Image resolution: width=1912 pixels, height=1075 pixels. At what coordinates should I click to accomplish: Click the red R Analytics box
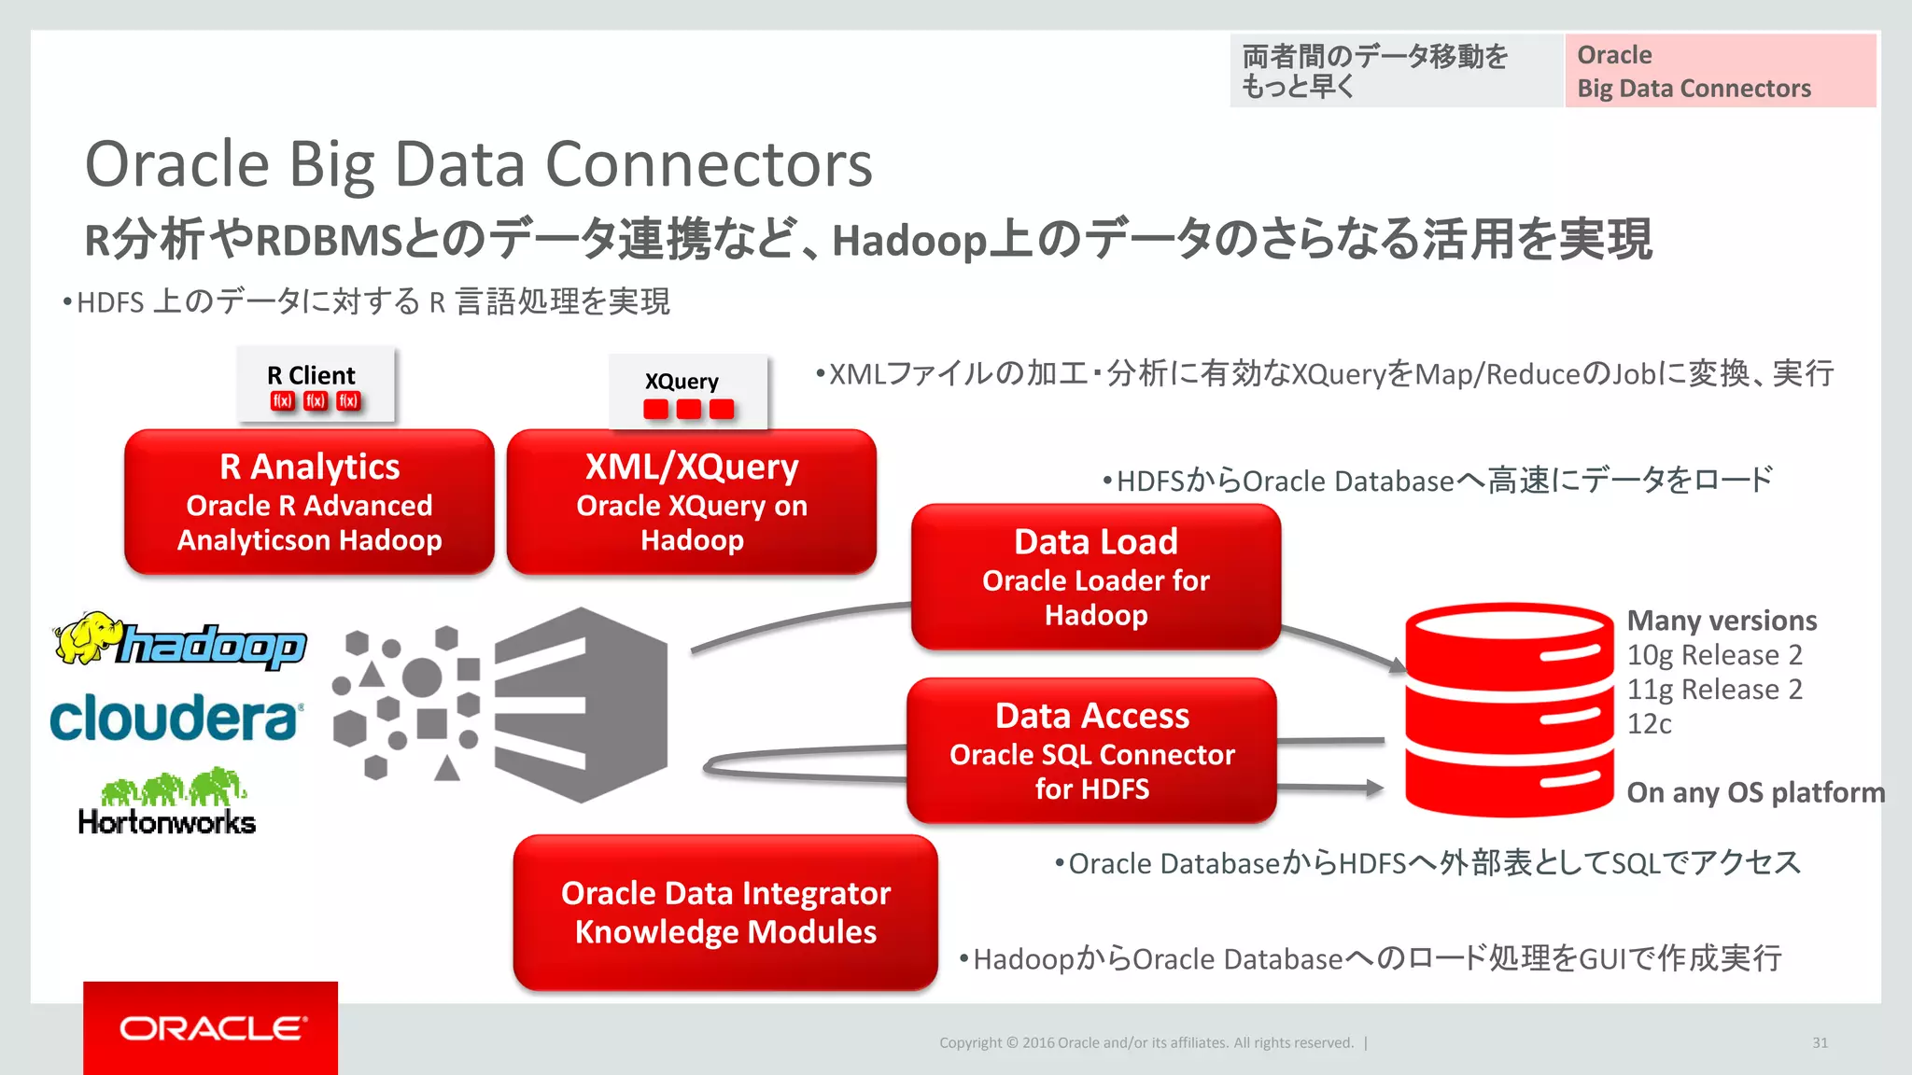point(309,502)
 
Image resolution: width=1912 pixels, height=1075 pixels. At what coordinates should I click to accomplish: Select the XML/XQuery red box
point(692,502)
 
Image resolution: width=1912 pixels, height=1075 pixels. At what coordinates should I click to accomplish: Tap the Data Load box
point(1096,577)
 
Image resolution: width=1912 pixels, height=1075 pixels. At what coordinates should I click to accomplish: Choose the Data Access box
point(1091,750)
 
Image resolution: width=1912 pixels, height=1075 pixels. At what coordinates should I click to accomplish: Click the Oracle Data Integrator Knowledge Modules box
point(725,913)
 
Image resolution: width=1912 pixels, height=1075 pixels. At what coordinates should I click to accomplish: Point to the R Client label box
point(316,384)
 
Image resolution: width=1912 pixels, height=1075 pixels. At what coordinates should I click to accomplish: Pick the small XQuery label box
point(688,392)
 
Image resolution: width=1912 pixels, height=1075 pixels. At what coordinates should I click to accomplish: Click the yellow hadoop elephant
point(86,637)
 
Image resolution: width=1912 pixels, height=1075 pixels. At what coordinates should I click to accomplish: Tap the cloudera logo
point(176,719)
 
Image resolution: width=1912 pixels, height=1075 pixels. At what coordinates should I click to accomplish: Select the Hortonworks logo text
point(167,822)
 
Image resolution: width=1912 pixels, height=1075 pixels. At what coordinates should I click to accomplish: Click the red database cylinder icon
point(1509,710)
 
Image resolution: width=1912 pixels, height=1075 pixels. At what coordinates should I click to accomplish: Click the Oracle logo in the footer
point(211,1028)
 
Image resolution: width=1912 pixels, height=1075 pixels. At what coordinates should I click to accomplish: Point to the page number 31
point(1820,1042)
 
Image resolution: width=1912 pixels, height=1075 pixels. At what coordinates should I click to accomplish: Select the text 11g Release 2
point(1714,690)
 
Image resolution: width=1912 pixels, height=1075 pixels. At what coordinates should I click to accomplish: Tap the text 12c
point(1649,724)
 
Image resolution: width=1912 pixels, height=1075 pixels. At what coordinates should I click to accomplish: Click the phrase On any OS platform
point(1755,792)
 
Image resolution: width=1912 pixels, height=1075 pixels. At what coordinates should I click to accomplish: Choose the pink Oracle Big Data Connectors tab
point(1720,71)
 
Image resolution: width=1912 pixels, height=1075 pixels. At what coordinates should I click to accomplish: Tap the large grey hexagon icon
point(581,705)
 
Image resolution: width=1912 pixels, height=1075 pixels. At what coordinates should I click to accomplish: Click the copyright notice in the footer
point(1146,1042)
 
